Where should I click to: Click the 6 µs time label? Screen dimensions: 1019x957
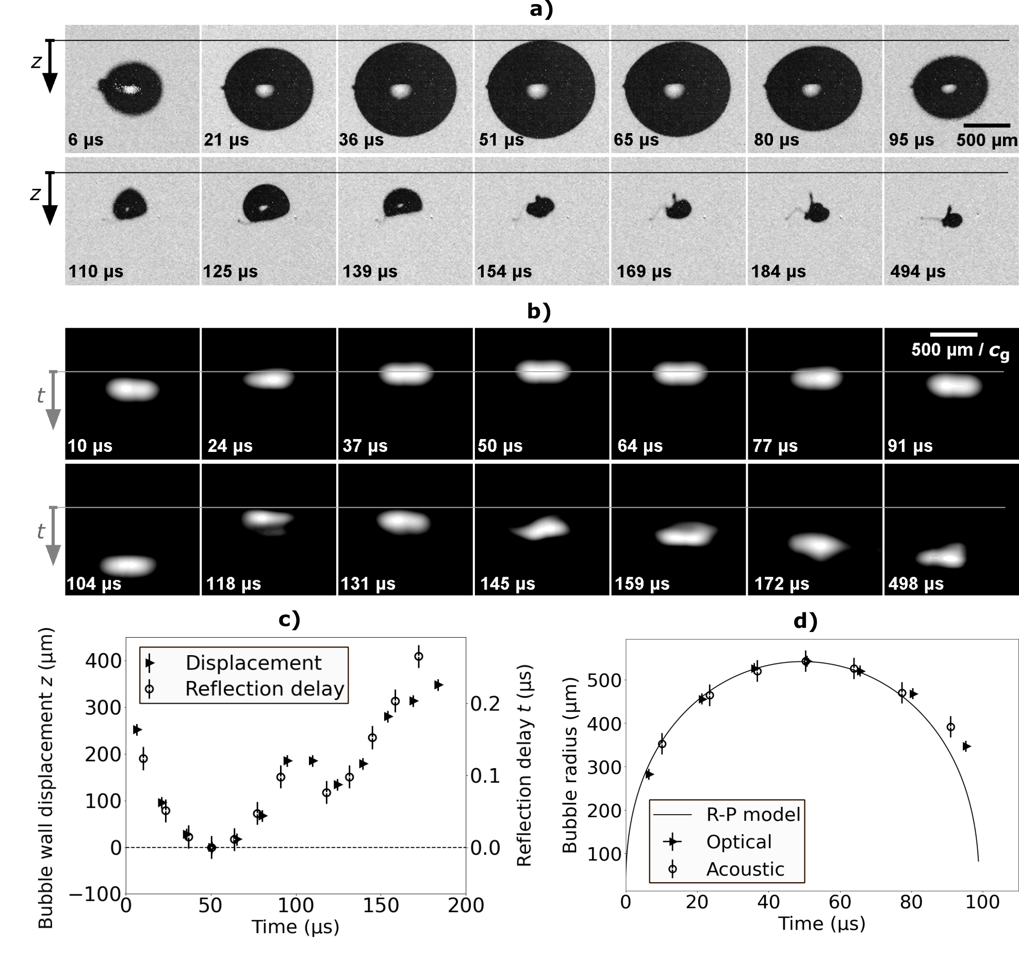click(86, 140)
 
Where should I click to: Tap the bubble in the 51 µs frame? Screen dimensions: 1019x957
click(541, 89)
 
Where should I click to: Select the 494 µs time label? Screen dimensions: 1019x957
click(917, 271)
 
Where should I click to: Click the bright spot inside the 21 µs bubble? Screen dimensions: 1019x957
click(265, 90)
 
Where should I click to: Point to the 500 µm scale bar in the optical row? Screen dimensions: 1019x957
click(987, 125)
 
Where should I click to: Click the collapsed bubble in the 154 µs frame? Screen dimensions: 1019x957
click(539, 207)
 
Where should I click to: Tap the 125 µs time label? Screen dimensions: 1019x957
click(230, 271)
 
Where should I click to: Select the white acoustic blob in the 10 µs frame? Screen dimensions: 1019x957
click(133, 389)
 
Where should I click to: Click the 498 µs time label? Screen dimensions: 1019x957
click(916, 583)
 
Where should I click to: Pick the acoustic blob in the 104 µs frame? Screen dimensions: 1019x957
click(128, 566)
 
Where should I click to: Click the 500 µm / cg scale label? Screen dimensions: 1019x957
click(960, 350)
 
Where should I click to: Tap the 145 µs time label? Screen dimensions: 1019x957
click(507, 583)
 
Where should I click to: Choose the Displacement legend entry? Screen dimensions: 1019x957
click(253, 663)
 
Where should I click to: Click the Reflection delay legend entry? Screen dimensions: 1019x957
click(264, 689)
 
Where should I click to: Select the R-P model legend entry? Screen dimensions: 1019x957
click(753, 814)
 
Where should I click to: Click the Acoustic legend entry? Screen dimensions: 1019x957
click(745, 869)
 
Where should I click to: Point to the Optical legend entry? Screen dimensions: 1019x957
click(738, 841)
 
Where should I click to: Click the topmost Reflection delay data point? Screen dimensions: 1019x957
click(419, 656)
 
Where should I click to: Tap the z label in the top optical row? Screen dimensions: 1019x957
click(36, 62)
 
